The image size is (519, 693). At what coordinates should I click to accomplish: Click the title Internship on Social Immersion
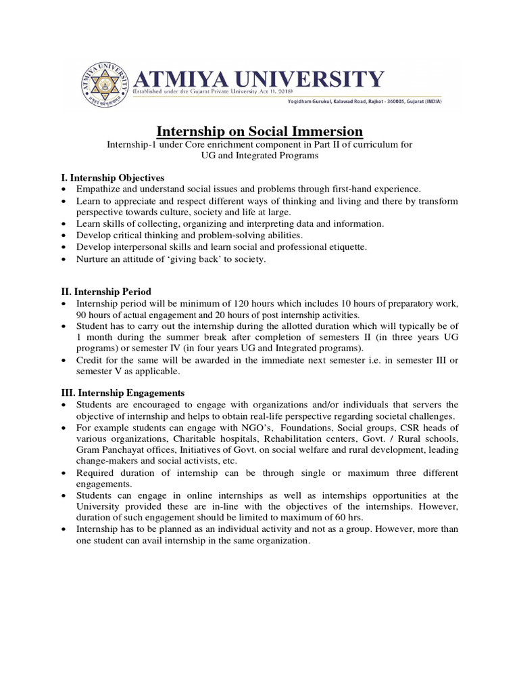(260, 131)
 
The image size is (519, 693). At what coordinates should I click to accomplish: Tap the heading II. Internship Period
(108, 291)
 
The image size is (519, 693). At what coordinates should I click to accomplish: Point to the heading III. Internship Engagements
(122, 393)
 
